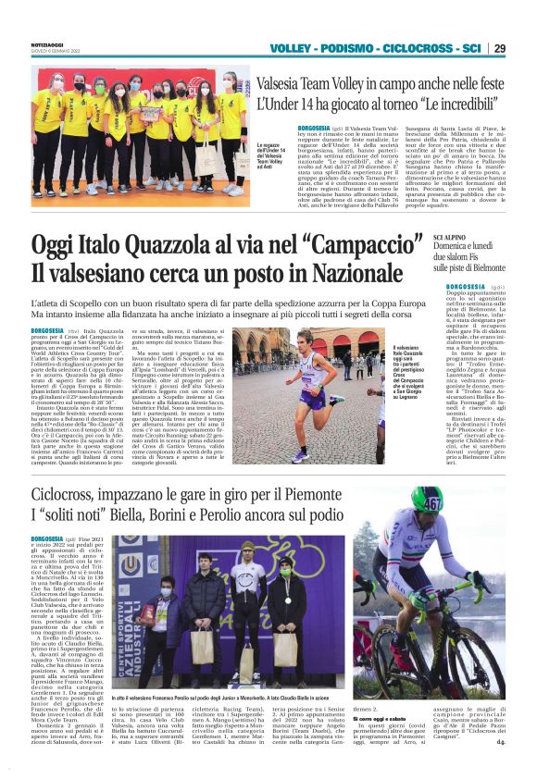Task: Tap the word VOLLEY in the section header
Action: (293, 48)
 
